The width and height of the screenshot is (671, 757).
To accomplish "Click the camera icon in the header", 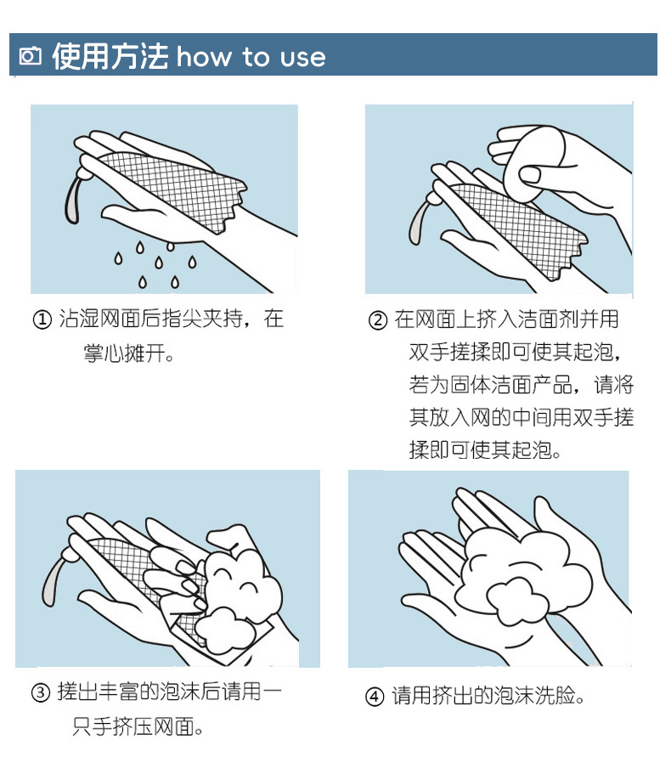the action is pos(30,56).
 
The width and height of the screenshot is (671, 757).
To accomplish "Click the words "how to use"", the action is pos(251,57).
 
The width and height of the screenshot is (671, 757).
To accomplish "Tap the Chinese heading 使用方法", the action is pos(110,56).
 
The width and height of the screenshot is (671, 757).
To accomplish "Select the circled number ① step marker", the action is pos(42,319).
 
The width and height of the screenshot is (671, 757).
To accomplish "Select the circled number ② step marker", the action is pos(377,320).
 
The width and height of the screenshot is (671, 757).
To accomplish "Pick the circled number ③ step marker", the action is pos(41,692).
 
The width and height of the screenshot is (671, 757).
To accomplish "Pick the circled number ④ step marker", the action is pos(375,698).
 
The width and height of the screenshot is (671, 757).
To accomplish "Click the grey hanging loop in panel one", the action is pos(72,199).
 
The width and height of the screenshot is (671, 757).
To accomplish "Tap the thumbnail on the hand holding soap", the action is pos(529,174).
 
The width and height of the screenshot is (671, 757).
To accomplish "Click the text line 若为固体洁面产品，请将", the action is pos(522,385).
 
